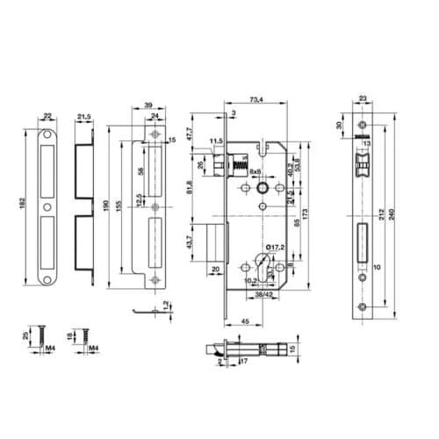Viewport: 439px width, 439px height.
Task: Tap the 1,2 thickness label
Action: (167, 306)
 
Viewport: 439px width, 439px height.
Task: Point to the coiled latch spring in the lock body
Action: (234, 164)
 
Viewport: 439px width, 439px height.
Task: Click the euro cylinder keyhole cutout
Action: (261, 263)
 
